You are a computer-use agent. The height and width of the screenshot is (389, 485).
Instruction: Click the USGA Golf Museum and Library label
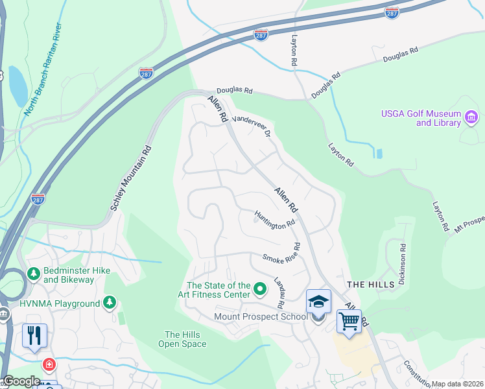(420, 118)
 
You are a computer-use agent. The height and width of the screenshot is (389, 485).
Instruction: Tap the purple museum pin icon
(471, 117)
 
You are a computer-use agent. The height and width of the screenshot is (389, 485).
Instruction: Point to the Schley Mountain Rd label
(130, 176)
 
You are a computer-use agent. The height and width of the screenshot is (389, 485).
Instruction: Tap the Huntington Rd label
(274, 220)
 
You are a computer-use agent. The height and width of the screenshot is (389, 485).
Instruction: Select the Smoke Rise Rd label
(282, 253)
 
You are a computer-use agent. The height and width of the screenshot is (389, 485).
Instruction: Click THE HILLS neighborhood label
(370, 285)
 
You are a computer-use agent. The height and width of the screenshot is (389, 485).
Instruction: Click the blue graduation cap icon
(318, 301)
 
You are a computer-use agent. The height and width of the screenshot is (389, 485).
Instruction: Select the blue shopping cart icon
(349, 321)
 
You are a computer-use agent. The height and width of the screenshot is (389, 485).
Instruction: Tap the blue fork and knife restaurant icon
(34, 335)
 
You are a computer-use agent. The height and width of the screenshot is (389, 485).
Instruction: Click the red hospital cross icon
(49, 365)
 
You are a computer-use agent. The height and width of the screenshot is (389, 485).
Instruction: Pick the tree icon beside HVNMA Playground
(110, 303)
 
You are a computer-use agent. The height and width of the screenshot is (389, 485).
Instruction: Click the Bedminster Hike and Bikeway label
(68, 275)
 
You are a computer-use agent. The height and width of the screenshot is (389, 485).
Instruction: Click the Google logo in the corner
(21, 381)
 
